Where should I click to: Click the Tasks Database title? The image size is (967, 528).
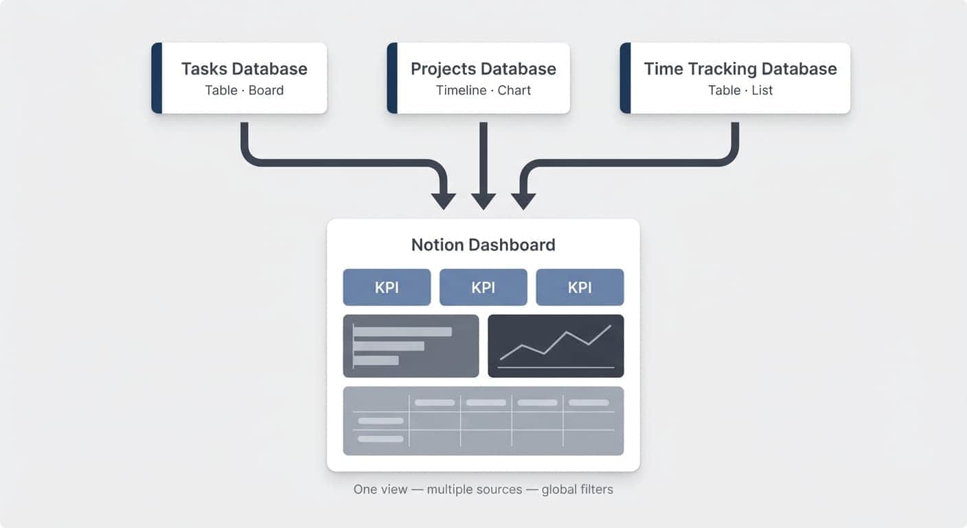pyautogui.click(x=244, y=69)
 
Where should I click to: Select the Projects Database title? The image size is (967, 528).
pyautogui.click(x=483, y=69)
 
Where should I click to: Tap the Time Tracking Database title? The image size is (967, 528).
pyautogui.click(x=740, y=69)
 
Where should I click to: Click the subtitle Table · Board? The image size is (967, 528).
pyautogui.click(x=244, y=90)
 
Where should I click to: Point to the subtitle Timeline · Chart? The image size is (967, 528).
pyautogui.click(x=483, y=90)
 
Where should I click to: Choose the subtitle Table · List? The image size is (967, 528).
pyautogui.click(x=740, y=90)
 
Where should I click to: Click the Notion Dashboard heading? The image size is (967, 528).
pyautogui.click(x=483, y=245)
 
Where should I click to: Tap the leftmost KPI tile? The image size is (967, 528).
pyautogui.click(x=387, y=287)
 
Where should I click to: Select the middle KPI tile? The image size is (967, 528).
pyautogui.click(x=483, y=287)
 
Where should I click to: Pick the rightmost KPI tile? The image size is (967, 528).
pyautogui.click(x=580, y=287)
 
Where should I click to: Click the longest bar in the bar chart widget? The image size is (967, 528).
pyautogui.click(x=402, y=331)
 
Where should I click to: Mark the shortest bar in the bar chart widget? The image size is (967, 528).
pyautogui.click(x=376, y=360)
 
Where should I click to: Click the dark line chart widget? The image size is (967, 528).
pyautogui.click(x=556, y=346)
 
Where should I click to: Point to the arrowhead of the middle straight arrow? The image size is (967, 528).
pyautogui.click(x=483, y=201)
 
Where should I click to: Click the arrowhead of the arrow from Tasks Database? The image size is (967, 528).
pyautogui.click(x=443, y=201)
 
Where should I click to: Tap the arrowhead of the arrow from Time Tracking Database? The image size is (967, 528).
pyautogui.click(x=523, y=201)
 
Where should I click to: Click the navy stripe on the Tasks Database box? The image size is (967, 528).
pyautogui.click(x=157, y=78)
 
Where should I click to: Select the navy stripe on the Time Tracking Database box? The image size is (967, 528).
pyautogui.click(x=625, y=78)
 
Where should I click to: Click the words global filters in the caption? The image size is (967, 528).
pyautogui.click(x=577, y=489)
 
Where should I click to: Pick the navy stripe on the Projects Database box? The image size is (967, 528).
pyautogui.click(x=392, y=78)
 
